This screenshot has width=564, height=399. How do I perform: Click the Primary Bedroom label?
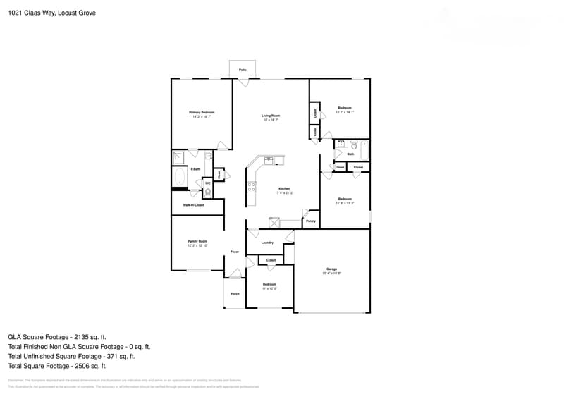click(x=202, y=112)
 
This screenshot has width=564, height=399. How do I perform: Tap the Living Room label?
click(x=271, y=116)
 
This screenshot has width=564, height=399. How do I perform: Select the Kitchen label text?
click(x=284, y=188)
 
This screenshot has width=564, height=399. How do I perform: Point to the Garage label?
click(x=331, y=269)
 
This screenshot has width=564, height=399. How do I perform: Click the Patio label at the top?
click(x=243, y=70)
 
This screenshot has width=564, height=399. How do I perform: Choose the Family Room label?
click(x=197, y=241)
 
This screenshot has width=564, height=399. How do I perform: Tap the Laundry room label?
click(x=267, y=243)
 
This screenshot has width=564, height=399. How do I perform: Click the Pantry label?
click(x=311, y=221)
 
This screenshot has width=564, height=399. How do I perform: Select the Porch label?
click(x=235, y=294)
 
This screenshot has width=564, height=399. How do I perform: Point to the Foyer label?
click(x=235, y=252)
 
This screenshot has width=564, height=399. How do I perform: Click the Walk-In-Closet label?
click(x=193, y=205)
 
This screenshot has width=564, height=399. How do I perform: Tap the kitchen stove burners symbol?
click(x=252, y=187)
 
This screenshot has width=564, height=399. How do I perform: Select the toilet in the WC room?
click(x=207, y=192)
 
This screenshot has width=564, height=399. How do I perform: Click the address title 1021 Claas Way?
click(x=52, y=13)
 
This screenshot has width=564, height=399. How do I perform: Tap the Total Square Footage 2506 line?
click(x=57, y=366)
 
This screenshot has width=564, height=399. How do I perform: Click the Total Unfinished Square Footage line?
click(x=78, y=356)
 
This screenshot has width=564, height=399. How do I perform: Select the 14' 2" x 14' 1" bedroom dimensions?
click(x=344, y=112)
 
